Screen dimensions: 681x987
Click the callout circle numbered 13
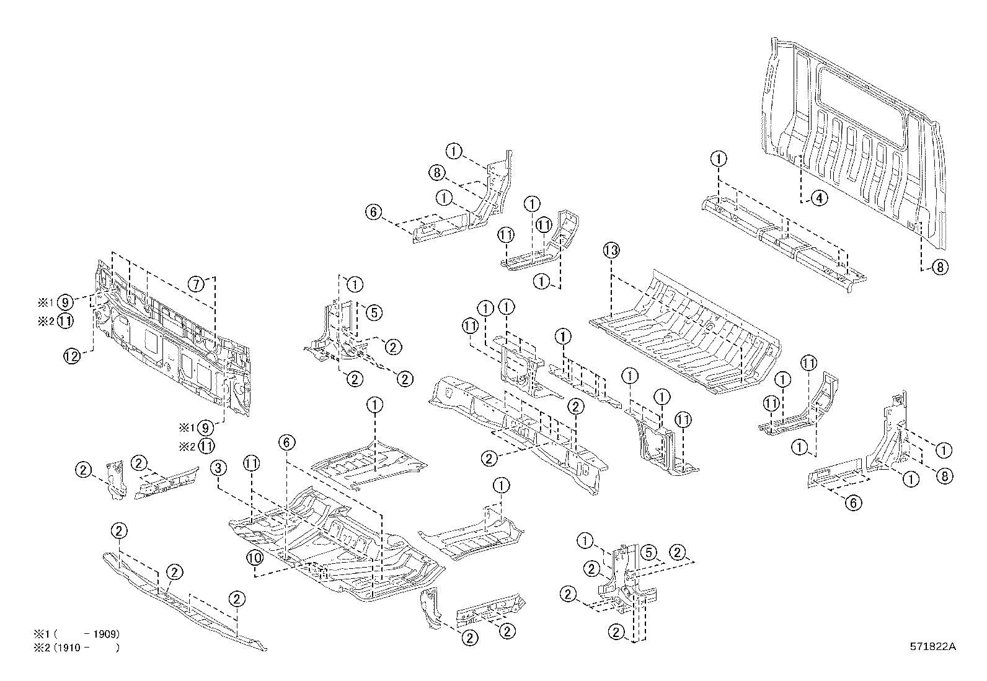tap(611, 250)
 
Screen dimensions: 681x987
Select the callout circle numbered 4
tap(819, 198)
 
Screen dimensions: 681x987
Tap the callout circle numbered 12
tap(72, 356)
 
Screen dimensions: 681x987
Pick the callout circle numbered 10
tap(255, 557)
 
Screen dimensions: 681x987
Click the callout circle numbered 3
tap(218, 468)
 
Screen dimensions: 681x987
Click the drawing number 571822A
tap(933, 646)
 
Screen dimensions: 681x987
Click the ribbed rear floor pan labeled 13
tap(682, 335)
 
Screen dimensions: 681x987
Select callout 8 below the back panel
tap(939, 267)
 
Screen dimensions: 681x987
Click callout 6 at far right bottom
tap(853, 503)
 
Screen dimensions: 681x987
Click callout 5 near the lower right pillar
tap(647, 551)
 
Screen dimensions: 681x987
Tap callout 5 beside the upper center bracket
tap(373, 312)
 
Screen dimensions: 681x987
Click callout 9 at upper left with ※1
tap(64, 303)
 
